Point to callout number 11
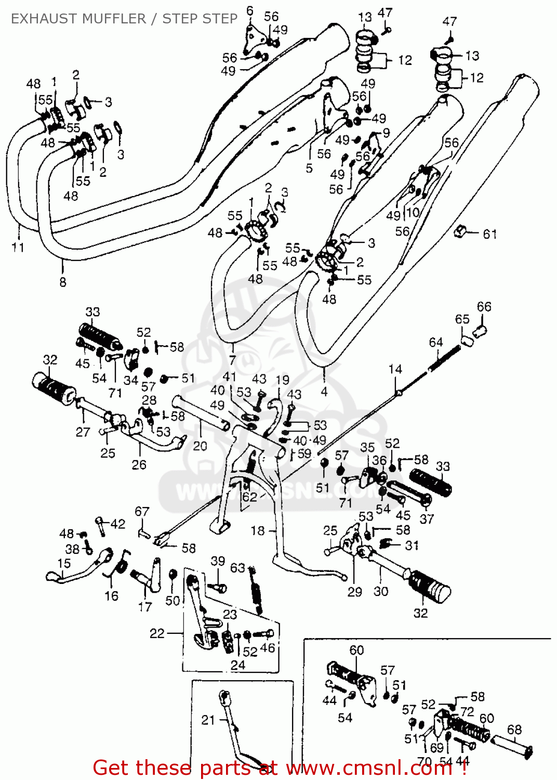[x=18, y=248]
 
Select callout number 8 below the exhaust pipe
[x=63, y=282]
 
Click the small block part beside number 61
[x=459, y=231]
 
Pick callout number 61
[x=489, y=234]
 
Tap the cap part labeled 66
[x=481, y=330]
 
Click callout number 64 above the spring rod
[x=435, y=342]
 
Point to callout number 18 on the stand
[x=258, y=530]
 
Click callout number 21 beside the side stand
[x=208, y=720]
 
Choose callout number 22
[x=157, y=633]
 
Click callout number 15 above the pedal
[x=64, y=563]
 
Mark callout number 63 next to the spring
[x=237, y=567]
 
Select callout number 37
[x=427, y=518]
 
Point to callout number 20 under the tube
[x=200, y=446]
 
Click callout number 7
[x=232, y=360]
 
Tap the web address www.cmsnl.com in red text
[x=369, y=768]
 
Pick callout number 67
[x=142, y=511]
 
